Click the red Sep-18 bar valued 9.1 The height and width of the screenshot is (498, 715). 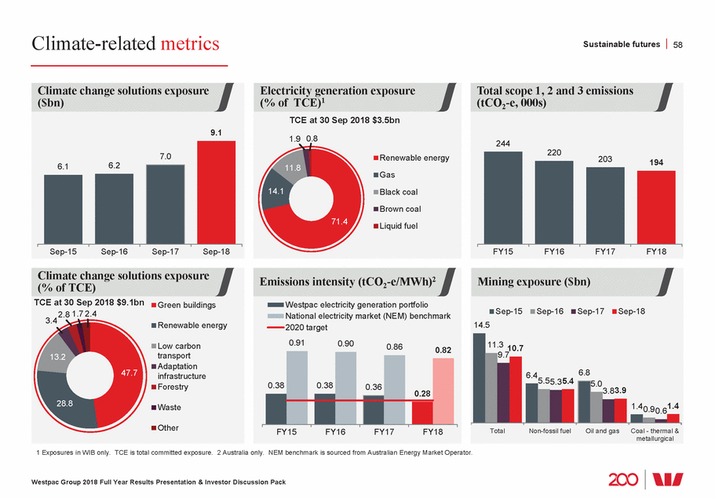216,192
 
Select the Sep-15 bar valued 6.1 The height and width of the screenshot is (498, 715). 63,209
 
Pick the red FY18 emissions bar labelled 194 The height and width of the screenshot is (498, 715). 655,207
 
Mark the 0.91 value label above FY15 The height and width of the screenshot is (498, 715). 297,343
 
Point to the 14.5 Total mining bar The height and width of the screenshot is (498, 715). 479,378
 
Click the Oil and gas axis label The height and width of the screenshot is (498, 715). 602,431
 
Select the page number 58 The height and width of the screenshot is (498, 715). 678,45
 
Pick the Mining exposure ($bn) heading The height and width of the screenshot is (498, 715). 534,282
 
